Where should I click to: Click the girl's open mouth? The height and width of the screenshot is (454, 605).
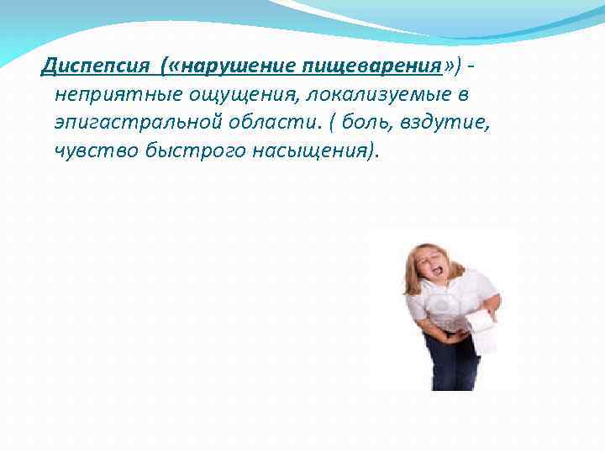click(x=436, y=272)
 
